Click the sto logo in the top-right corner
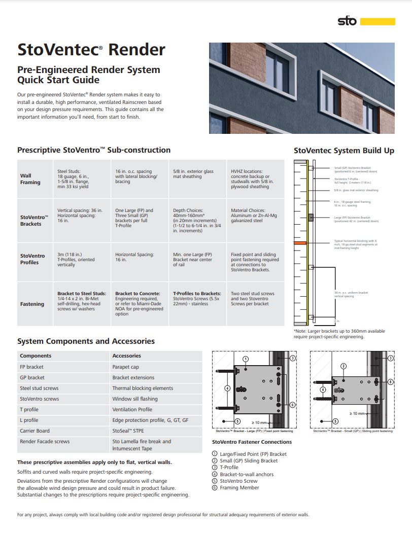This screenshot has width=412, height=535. pyautogui.click(x=347, y=21)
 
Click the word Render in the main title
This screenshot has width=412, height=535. pyautogui.click(x=137, y=50)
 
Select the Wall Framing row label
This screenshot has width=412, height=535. pyautogui.click(x=30, y=179)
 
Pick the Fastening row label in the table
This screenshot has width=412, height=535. pyautogui.click(x=32, y=304)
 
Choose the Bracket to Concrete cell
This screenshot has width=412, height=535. pyautogui.click(x=140, y=304)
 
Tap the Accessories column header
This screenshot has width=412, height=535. pyautogui.click(x=126, y=356)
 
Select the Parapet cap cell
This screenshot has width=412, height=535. pyautogui.click(x=125, y=367)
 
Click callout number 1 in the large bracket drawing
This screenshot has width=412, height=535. pyautogui.click(x=246, y=359)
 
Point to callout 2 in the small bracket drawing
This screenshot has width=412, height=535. pyautogui.click(x=344, y=366)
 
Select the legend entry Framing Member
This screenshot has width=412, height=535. pyautogui.click(x=239, y=488)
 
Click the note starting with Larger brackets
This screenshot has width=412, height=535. pyautogui.click(x=339, y=334)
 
